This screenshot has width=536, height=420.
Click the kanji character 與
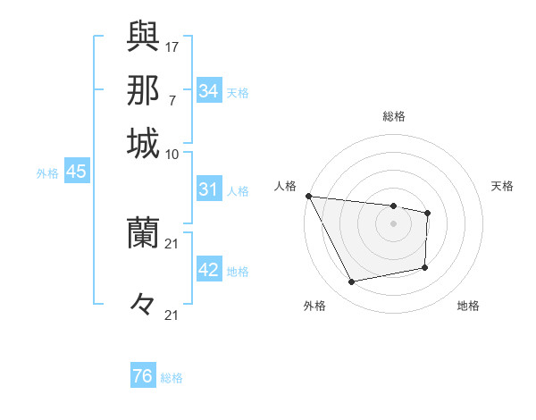tap(143, 37)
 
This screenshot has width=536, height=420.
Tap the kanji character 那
tap(143, 89)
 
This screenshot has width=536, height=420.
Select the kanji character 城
tap(143, 142)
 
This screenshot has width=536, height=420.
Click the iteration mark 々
tap(143, 305)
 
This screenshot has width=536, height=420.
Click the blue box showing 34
tap(208, 91)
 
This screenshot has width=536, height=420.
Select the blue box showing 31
tap(208, 190)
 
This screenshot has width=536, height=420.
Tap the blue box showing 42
tap(208, 271)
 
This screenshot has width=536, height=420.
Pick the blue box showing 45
tap(76, 172)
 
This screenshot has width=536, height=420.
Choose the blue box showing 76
tap(143, 376)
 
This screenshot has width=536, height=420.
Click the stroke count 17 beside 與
tap(172, 46)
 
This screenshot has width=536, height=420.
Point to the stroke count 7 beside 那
tap(172, 98)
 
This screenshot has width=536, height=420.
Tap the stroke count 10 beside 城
tap(172, 154)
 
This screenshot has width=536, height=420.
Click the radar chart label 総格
tap(394, 116)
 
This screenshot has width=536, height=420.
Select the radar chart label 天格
tap(502, 186)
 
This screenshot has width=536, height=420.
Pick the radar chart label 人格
tap(285, 186)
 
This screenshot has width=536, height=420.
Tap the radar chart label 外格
tap(314, 307)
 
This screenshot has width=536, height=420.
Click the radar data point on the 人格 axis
tap(308, 196)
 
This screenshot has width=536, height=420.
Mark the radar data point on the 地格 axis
tap(425, 267)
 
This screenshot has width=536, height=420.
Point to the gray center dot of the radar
tap(393, 223)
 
